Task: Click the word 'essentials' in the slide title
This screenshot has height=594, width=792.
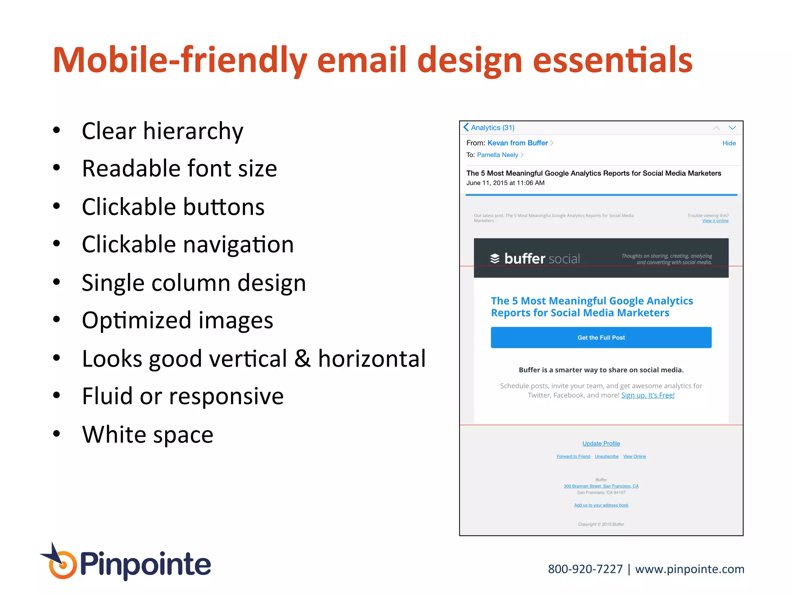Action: tap(613, 60)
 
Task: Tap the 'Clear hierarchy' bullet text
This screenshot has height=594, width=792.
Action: tap(162, 131)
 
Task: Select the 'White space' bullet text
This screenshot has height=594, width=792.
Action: tap(147, 434)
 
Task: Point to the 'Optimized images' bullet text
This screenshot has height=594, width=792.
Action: tap(178, 320)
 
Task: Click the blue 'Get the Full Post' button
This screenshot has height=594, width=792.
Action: tap(601, 338)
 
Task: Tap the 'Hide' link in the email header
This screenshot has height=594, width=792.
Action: tap(729, 143)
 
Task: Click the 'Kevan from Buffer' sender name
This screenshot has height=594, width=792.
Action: tap(517, 143)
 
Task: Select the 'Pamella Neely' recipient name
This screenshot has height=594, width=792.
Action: tap(497, 155)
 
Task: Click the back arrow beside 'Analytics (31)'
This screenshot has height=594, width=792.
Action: tap(466, 127)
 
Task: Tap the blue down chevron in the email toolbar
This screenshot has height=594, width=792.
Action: tap(732, 128)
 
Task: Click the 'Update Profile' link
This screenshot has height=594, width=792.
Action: tap(601, 444)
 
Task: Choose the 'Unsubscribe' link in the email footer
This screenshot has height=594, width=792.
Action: tap(606, 457)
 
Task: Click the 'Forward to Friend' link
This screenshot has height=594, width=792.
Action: tap(573, 457)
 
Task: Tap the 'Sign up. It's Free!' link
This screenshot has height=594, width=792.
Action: tap(648, 395)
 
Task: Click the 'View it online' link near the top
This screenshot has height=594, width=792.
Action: tap(715, 221)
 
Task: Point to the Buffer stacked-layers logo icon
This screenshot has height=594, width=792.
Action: tap(495, 258)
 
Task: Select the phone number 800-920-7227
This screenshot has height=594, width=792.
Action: tap(585, 569)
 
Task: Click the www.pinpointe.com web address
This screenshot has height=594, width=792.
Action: tap(690, 569)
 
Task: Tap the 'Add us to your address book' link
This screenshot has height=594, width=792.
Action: tap(601, 505)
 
